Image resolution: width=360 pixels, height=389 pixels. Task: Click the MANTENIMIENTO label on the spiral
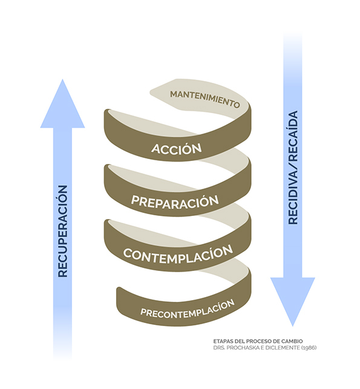(x=205, y=99)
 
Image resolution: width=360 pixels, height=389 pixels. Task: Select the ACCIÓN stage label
(x=177, y=148)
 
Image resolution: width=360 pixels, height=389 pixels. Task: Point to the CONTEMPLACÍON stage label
(x=178, y=254)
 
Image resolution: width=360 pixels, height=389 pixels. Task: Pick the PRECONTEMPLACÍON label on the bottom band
(x=188, y=309)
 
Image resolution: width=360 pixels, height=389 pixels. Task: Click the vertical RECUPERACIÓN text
(x=63, y=231)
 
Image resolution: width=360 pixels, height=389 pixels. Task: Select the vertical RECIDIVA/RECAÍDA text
(x=293, y=168)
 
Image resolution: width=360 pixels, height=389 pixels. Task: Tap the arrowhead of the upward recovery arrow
(x=62, y=103)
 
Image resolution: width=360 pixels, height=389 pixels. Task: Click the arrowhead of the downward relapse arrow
(x=293, y=302)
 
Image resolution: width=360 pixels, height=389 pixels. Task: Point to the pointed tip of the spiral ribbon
(x=150, y=93)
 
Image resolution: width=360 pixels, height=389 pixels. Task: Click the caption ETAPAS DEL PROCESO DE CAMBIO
(x=258, y=341)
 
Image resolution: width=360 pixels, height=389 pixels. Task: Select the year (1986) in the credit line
(x=309, y=348)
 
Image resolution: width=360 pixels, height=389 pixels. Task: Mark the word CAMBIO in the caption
(x=294, y=341)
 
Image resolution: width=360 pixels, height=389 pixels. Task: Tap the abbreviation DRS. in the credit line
(x=219, y=348)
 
